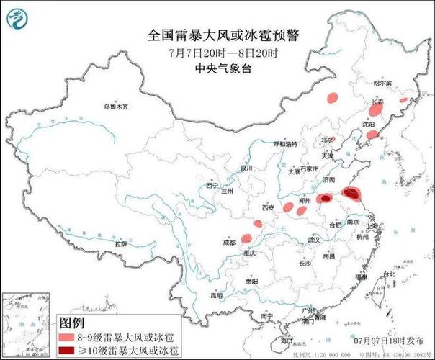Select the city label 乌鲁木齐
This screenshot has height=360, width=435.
point(115,107)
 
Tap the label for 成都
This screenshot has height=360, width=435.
point(229,243)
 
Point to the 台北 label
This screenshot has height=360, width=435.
point(388,275)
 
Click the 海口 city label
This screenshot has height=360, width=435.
point(287,339)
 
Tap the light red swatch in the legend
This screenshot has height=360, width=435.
point(69,336)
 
